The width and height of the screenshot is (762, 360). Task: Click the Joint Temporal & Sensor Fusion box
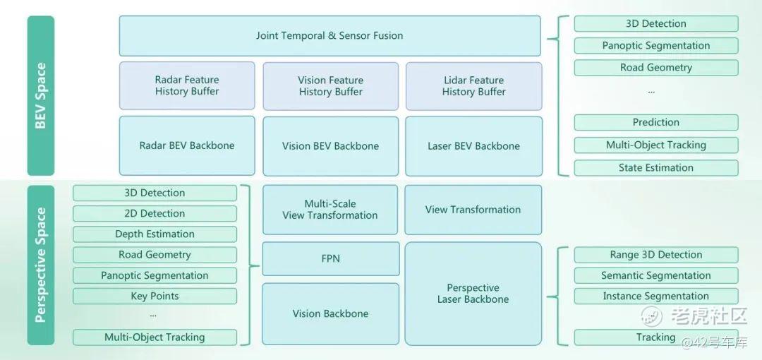point(329,35)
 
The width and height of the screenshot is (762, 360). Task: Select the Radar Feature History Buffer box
point(187,85)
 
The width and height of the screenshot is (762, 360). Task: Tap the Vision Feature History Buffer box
point(330,86)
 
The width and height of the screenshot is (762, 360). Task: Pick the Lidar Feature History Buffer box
point(473,86)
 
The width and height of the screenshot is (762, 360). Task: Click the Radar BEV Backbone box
point(187,146)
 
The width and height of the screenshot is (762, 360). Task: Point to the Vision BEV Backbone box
point(330,146)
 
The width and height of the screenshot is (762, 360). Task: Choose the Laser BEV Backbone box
point(473,146)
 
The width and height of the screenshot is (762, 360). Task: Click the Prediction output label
point(655,122)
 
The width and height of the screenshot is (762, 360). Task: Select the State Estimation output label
point(655,168)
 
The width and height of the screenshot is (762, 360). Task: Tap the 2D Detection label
point(155,213)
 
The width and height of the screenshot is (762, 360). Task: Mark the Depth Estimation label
point(155,234)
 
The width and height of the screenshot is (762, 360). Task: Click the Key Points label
point(155,296)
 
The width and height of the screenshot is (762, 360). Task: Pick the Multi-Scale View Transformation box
point(330,210)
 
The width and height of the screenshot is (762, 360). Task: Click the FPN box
point(330,259)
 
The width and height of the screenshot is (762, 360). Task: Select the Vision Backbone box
point(330,313)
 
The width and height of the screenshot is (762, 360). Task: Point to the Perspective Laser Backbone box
point(473,294)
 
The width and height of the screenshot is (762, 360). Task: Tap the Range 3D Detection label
point(655,255)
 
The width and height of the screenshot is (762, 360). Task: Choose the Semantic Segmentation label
point(655,275)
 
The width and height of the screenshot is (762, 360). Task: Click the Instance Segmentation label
point(655,296)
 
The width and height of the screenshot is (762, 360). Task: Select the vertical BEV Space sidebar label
point(41,95)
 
